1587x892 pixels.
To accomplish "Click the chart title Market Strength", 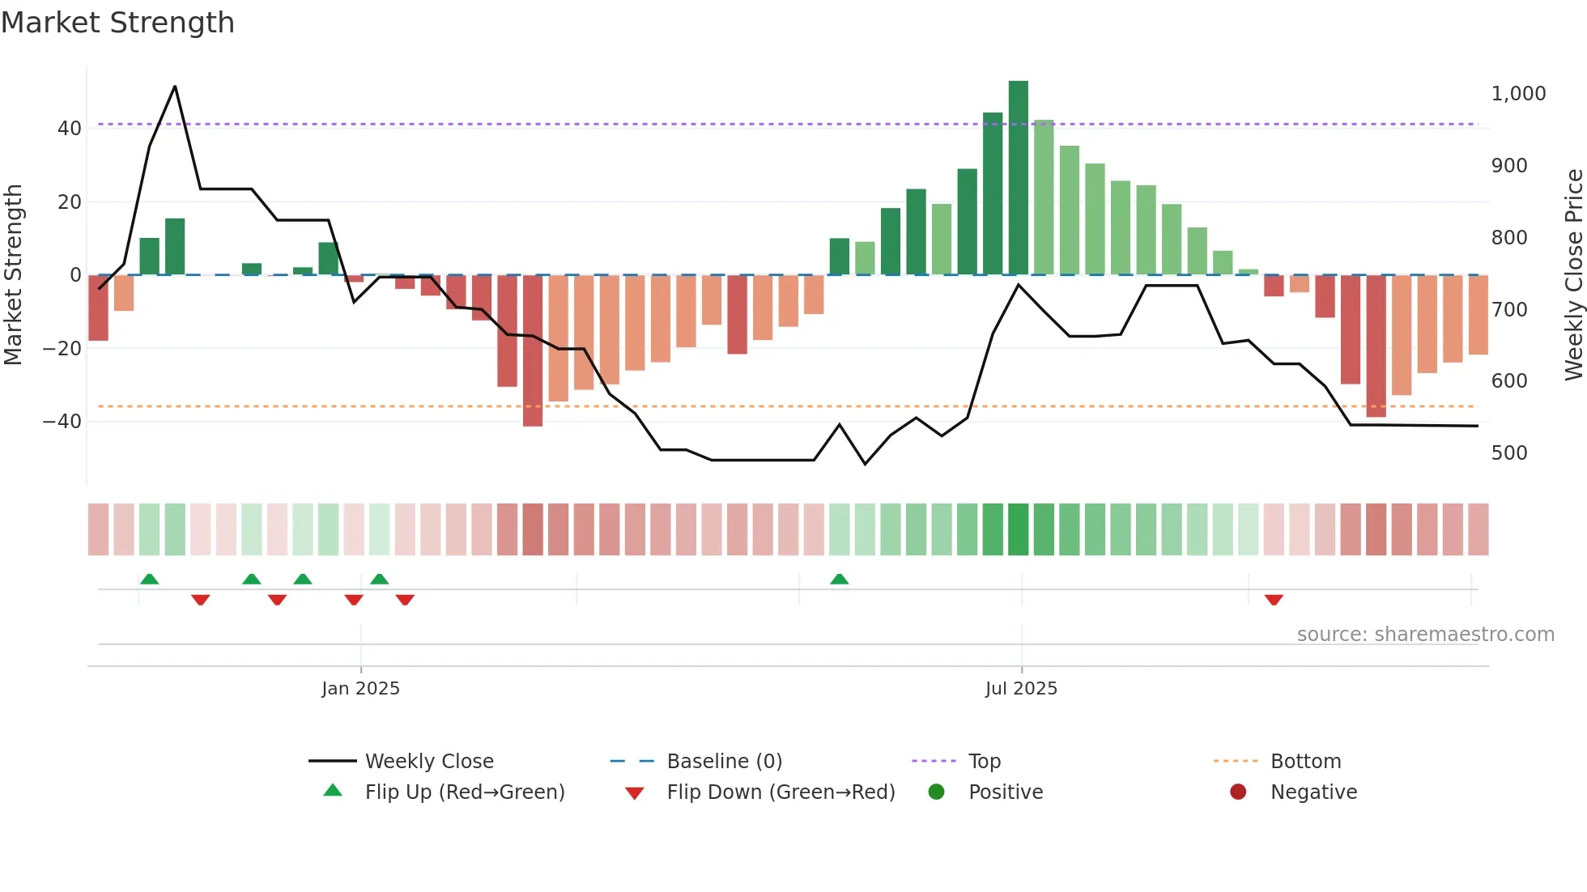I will [117, 23].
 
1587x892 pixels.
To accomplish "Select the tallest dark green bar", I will [1018, 178].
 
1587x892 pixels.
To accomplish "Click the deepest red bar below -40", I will [532, 350].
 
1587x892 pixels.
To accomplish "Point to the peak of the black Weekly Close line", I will [175, 87].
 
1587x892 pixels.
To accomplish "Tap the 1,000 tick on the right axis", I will [1518, 94].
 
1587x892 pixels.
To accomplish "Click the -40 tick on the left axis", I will [62, 422].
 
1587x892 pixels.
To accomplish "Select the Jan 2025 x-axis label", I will [360, 689].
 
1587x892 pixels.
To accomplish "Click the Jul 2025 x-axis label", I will [1021, 689].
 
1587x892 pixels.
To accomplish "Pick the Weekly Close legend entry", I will [428, 762].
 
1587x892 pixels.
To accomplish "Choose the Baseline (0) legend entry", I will [724, 762].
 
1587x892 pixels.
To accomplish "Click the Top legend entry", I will [984, 762].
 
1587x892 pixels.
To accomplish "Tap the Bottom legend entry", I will [1305, 762].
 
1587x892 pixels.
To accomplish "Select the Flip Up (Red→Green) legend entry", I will [464, 792].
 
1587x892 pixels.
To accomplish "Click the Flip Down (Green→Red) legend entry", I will [781, 792].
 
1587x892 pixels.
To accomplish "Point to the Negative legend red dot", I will [1238, 792].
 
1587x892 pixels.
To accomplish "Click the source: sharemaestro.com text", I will [1425, 635].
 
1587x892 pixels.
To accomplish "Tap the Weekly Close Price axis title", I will [1573, 275].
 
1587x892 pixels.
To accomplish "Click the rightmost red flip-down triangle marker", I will [1274, 600].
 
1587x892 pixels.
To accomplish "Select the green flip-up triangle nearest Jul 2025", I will [840, 579].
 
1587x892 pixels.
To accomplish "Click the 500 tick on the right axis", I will [1509, 453].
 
